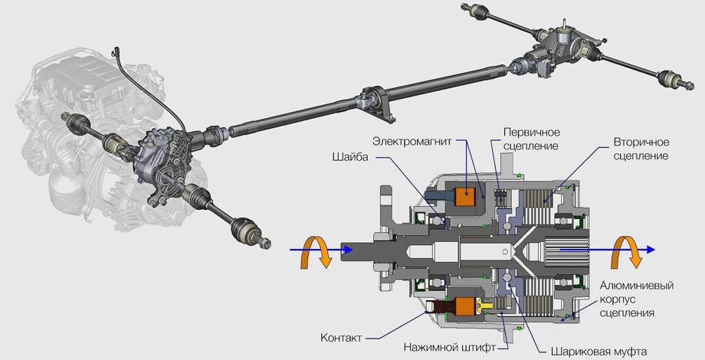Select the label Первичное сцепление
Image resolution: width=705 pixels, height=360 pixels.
point(530,138)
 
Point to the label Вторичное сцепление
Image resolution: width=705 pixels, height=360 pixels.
point(641,149)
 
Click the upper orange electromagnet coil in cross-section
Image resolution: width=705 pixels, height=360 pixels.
point(466,197)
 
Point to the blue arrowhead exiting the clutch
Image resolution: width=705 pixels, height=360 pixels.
point(650,250)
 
